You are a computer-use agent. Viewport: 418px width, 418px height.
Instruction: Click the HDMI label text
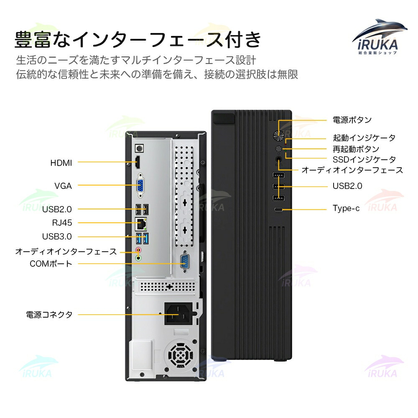(x=61, y=163)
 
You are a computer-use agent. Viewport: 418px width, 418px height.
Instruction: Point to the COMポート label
(x=51, y=264)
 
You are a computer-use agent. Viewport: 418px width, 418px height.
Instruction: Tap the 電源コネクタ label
(x=49, y=315)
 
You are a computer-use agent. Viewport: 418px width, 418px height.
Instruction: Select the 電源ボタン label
(x=352, y=120)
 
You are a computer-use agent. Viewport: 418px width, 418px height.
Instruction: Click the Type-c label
(x=346, y=208)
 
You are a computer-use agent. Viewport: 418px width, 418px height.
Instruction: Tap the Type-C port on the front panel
(x=279, y=209)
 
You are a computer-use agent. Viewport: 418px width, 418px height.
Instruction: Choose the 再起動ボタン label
(x=356, y=149)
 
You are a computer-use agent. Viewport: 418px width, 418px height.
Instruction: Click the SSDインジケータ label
(x=364, y=159)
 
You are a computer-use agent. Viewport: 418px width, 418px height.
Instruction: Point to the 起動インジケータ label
(x=364, y=138)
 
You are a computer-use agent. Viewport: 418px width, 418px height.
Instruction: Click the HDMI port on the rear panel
(x=137, y=162)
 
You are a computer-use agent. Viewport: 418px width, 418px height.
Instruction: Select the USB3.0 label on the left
(x=57, y=237)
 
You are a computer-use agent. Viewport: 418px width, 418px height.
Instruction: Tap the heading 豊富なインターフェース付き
(x=138, y=40)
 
